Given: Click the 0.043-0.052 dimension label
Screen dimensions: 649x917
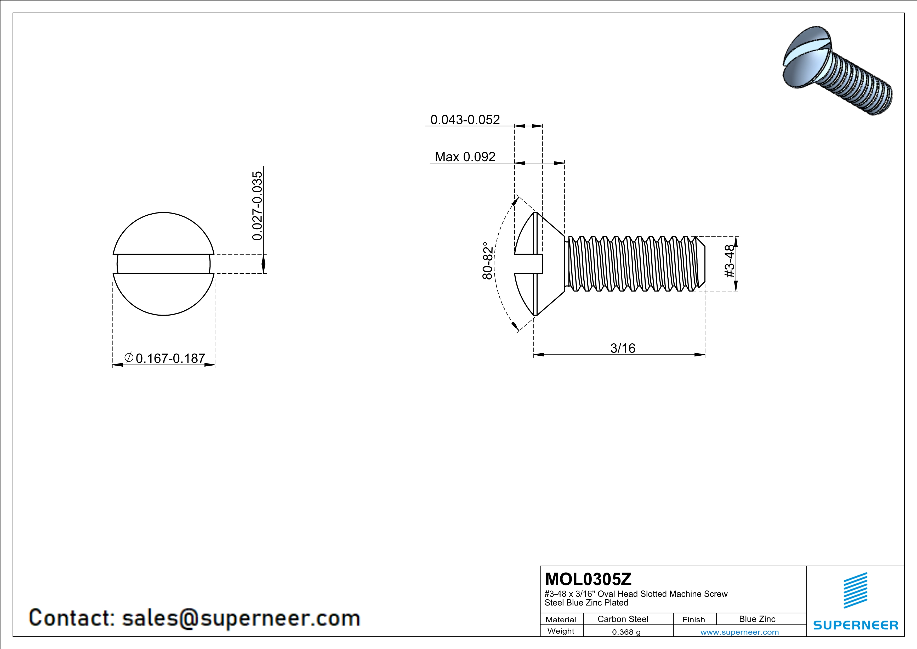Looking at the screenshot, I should point(465,120).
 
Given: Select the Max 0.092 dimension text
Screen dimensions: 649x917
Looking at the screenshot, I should point(465,157).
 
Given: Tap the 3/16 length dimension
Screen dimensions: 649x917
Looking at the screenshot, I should point(623,348).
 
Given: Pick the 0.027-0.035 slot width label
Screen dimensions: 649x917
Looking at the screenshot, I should point(258,206).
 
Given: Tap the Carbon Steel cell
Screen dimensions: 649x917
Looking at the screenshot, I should point(623,619).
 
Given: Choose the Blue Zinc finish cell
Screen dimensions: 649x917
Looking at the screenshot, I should point(757,619).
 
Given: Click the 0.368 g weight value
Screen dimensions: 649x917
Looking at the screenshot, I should point(626,632).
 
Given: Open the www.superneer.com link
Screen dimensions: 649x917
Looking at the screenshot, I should point(739,632).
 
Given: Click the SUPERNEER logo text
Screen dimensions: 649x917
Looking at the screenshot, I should point(856,625).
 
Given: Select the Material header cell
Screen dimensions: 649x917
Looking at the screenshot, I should point(561,619).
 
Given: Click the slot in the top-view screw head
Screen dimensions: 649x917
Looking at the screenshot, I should point(163,264).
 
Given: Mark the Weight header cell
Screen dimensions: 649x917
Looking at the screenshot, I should point(561,631).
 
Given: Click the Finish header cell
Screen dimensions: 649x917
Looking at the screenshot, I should point(693,619).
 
